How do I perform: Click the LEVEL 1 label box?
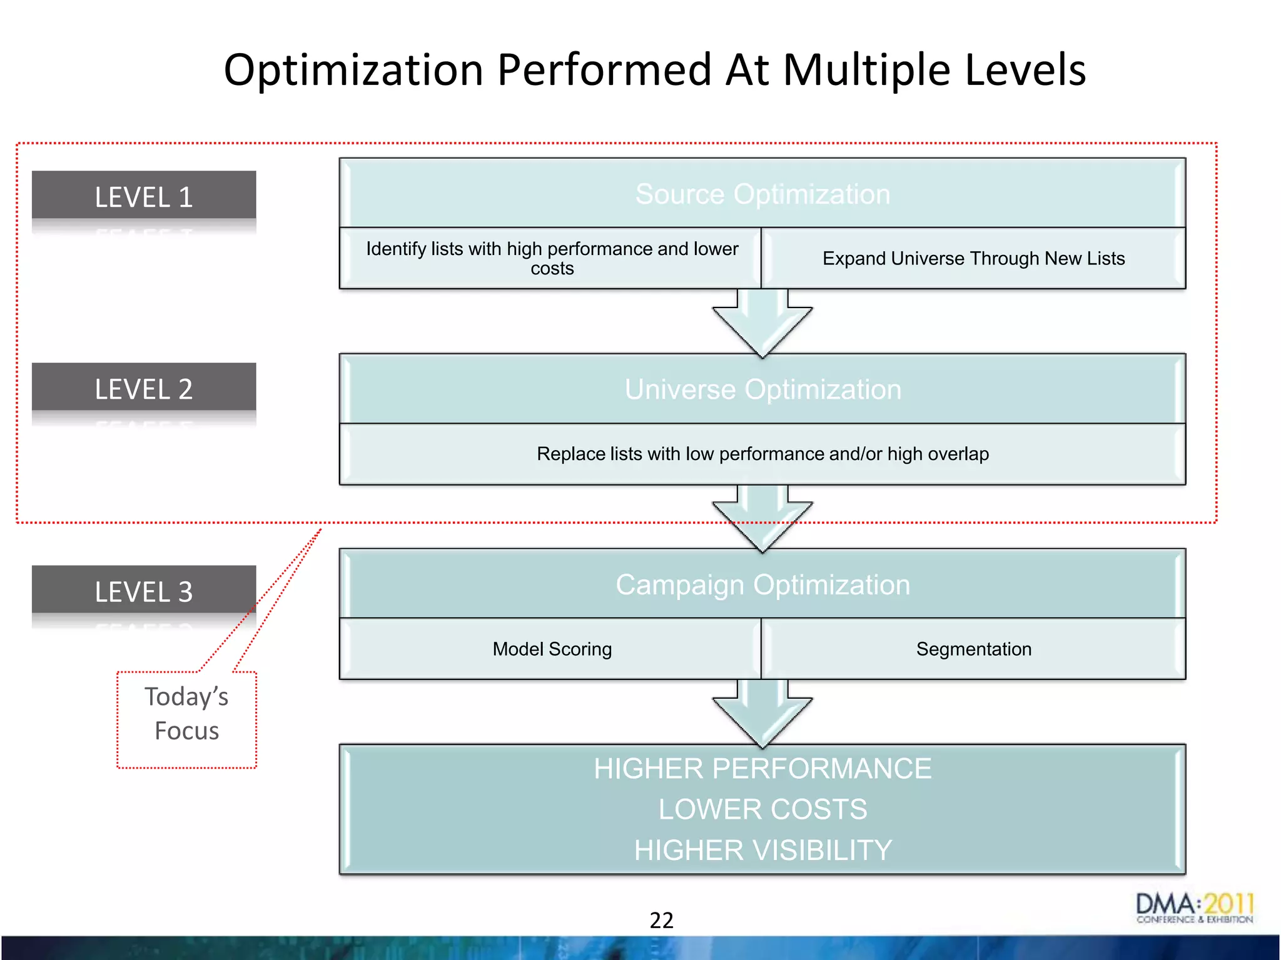[144, 196]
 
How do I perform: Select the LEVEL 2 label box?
[144, 388]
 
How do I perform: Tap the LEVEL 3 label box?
[144, 591]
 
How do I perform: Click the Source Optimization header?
[762, 194]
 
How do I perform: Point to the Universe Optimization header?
[762, 389]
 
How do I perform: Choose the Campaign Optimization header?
[762, 585]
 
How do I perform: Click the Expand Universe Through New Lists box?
[973, 258]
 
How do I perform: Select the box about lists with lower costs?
[551, 258]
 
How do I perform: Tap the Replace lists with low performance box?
[762, 454]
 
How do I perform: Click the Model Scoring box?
[551, 649]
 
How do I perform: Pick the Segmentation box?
[973, 649]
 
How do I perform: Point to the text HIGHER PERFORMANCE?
[762, 769]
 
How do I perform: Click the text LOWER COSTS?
[762, 809]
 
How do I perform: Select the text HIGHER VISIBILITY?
[762, 850]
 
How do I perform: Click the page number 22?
[661, 920]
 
